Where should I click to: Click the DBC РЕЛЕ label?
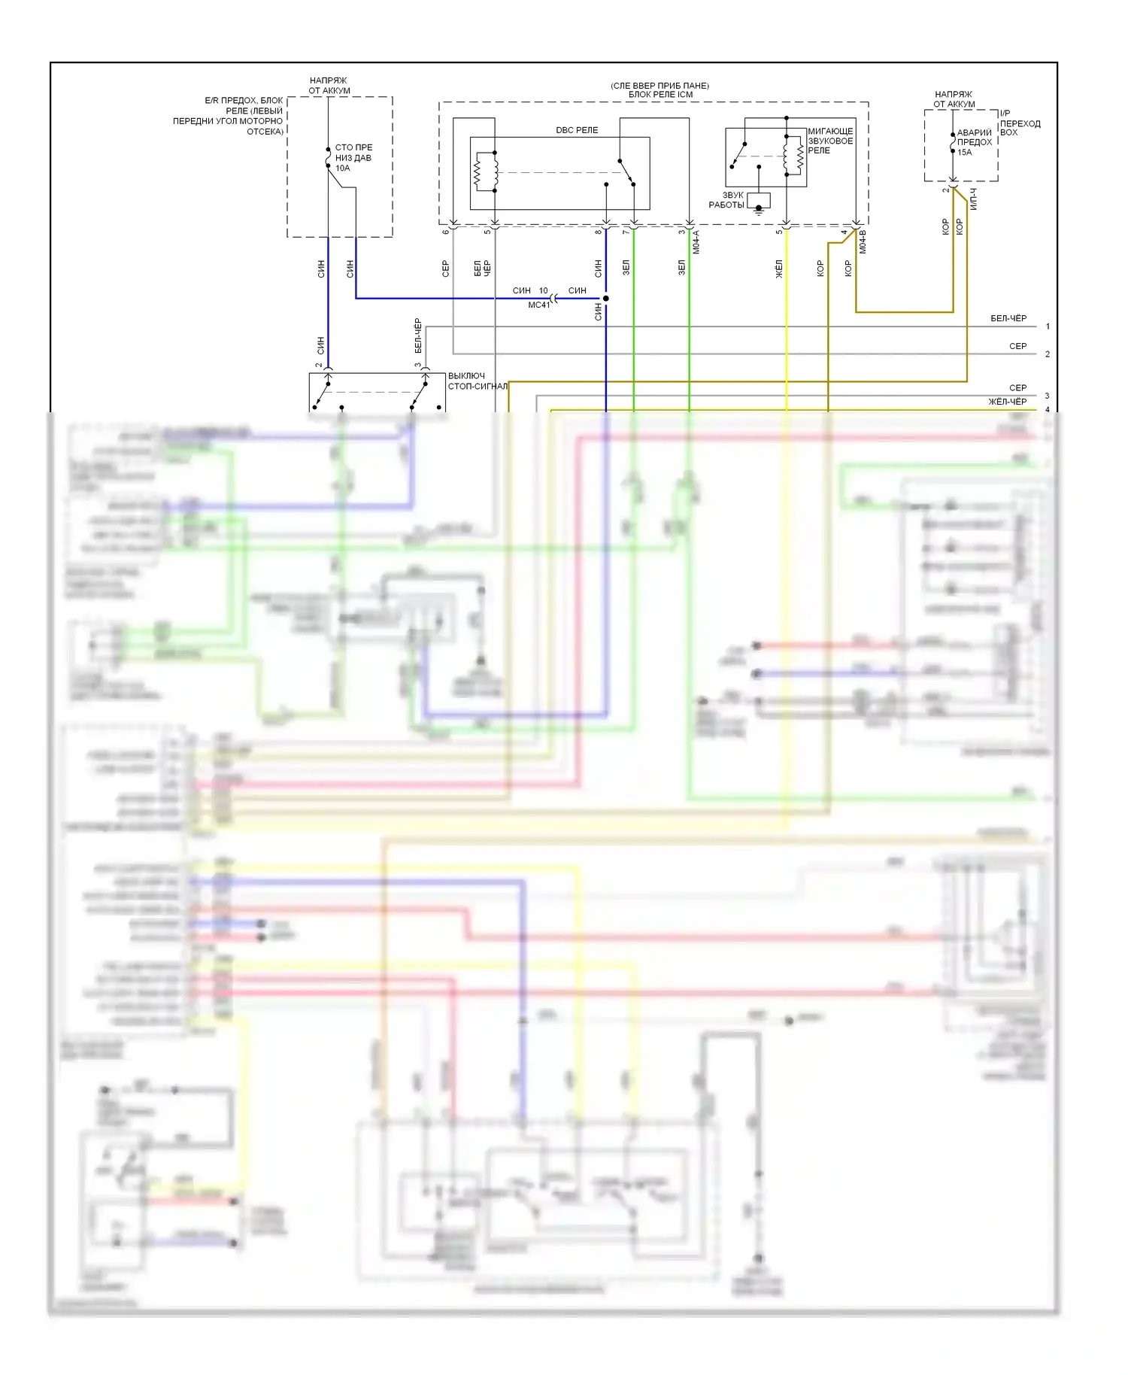[x=577, y=130]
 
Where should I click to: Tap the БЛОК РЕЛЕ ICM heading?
[x=660, y=95]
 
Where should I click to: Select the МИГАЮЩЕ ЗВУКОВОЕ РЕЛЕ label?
[x=830, y=141]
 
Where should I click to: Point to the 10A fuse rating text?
[x=343, y=168]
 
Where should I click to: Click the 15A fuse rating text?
[x=964, y=152]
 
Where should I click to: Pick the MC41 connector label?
[x=538, y=305]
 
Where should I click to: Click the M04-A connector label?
[x=696, y=241]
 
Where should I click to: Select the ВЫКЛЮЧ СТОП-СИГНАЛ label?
[x=477, y=381]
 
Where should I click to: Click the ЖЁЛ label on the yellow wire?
[x=779, y=269]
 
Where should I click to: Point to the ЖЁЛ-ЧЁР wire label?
[x=1007, y=402]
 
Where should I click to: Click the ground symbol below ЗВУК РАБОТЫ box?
[x=759, y=210]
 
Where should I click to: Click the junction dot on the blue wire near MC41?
[x=606, y=299]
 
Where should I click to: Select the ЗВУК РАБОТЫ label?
[x=727, y=200]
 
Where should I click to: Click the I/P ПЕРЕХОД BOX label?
[x=1020, y=123]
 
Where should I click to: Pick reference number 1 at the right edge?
[x=1048, y=326]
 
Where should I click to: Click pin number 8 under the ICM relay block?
[x=599, y=232]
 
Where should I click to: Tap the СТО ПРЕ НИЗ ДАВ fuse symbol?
[x=329, y=158]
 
